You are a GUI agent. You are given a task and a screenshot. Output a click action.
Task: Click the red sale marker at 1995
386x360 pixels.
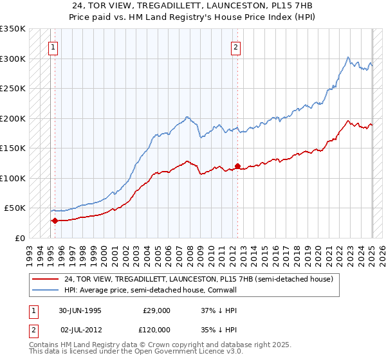pos(55,221)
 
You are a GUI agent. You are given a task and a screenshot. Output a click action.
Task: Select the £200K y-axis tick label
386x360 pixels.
pos(13,119)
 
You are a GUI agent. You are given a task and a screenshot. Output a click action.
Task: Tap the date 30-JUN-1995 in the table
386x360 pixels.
pos(80,310)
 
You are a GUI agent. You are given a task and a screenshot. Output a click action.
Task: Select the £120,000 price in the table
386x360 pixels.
pos(156,330)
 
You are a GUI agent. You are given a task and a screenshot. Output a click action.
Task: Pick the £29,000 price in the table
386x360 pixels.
pos(156,310)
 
